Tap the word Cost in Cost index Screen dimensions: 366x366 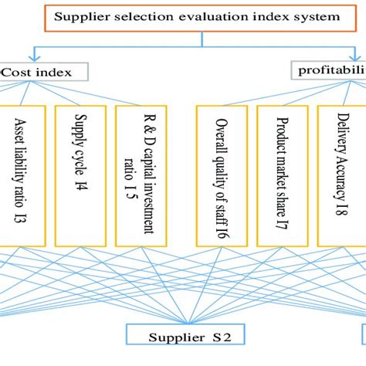click(x=19, y=72)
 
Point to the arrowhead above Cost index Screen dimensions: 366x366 click(x=30, y=59)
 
